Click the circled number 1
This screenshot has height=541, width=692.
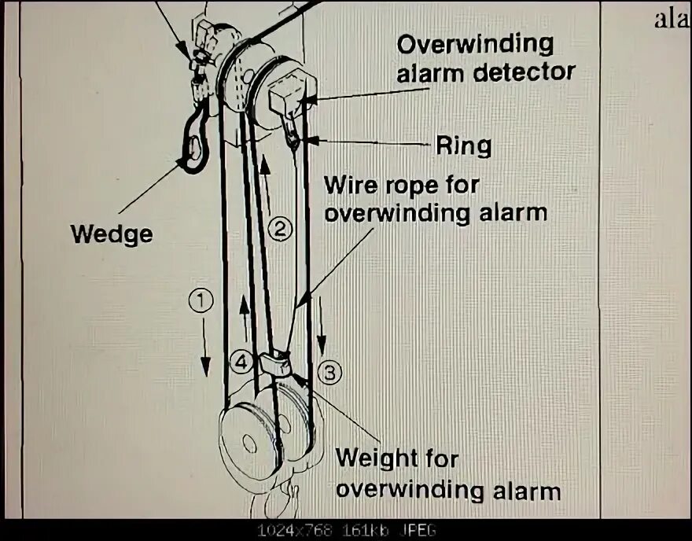pos(202,300)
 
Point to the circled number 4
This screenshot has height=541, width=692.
pos(241,363)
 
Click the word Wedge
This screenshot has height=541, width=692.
pos(111,234)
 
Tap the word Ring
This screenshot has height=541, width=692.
pos(463,145)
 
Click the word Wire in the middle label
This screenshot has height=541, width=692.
pos(349,187)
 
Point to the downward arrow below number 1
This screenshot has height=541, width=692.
pos(204,345)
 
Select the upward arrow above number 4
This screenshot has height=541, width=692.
pos(246,318)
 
